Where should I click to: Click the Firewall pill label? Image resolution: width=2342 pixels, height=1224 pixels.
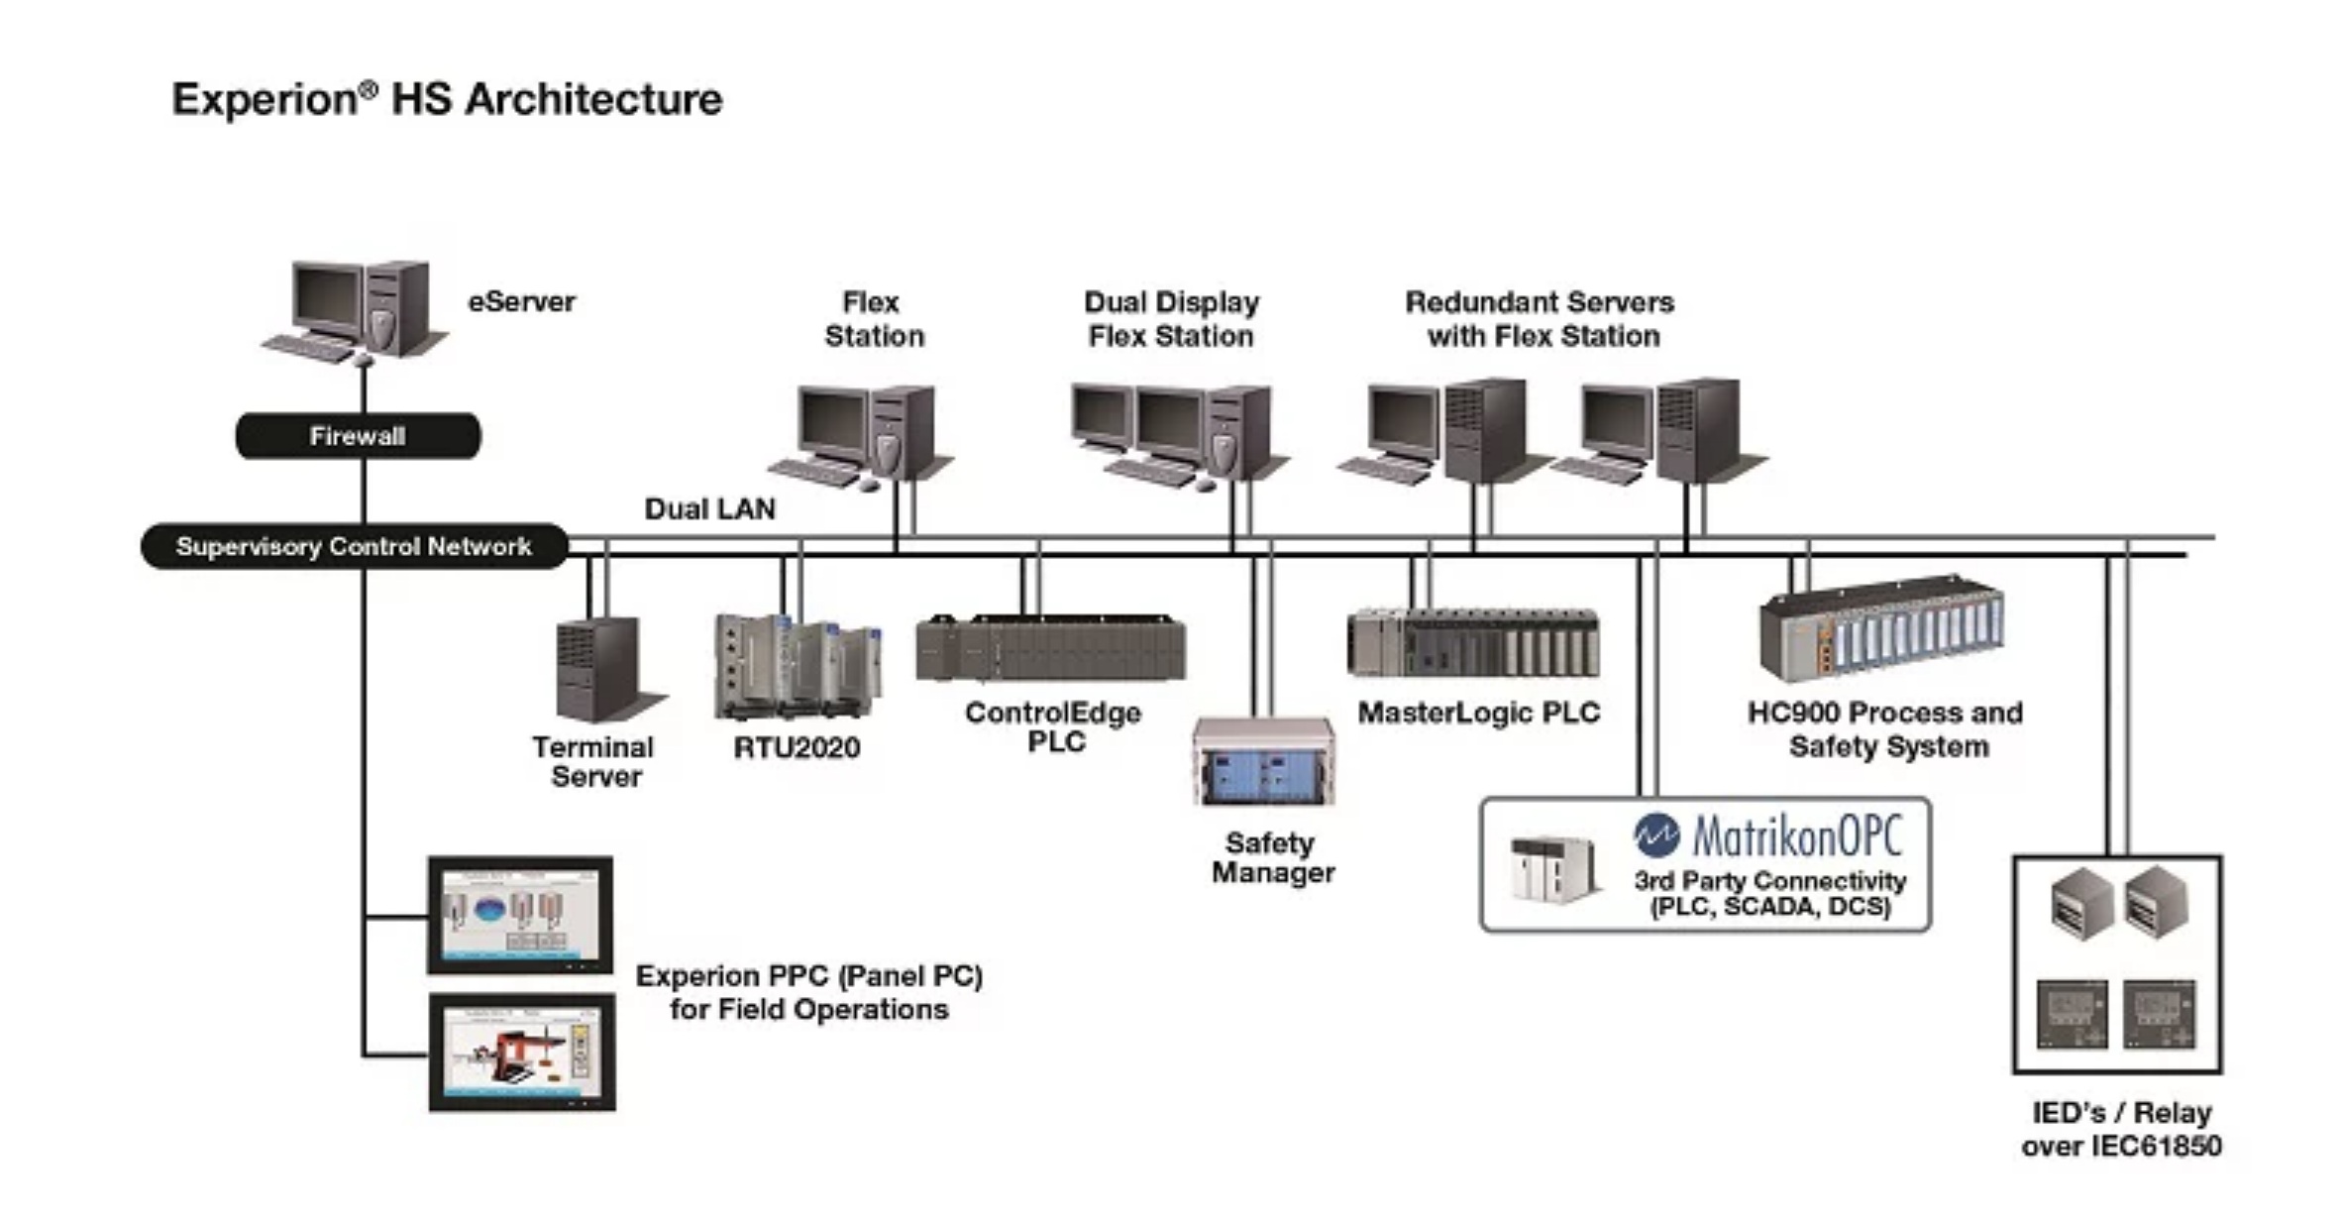[x=358, y=436]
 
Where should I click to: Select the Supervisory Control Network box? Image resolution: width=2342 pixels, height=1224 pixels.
[x=354, y=547]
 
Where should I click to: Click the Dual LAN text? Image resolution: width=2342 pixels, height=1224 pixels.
[x=709, y=509]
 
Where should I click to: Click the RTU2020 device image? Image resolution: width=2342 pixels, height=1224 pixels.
[x=798, y=666]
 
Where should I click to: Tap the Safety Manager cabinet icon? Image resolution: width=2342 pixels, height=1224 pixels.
[x=1263, y=761]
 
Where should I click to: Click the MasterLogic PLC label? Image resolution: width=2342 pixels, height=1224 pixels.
[x=1478, y=714]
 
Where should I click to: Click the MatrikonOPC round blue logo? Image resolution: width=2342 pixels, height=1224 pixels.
[x=1655, y=835]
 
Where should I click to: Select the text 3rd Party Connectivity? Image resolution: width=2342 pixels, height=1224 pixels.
[x=1769, y=880]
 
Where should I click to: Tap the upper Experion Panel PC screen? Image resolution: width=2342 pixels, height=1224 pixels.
[x=520, y=915]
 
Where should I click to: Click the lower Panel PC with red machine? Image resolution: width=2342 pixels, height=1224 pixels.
[x=522, y=1053]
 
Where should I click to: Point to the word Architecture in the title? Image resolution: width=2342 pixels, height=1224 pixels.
[x=593, y=99]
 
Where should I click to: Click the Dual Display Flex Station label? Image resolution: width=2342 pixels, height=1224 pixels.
[x=1171, y=319]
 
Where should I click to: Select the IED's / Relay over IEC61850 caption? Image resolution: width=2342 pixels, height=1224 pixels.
[x=2121, y=1129]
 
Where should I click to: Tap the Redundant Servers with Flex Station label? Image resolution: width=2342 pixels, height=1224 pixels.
[x=1541, y=319]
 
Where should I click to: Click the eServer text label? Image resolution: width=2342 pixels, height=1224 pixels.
[x=521, y=302]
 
